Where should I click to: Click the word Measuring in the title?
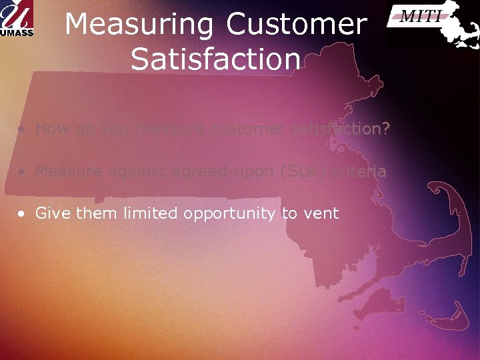point(139,25)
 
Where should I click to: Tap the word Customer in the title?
point(296,25)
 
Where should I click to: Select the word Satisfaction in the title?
point(216,59)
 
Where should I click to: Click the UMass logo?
point(18,19)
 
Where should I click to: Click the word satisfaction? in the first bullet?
point(340,129)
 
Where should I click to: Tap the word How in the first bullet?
point(50,129)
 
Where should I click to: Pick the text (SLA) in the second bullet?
point(304,172)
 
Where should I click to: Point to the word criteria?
point(359,172)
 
